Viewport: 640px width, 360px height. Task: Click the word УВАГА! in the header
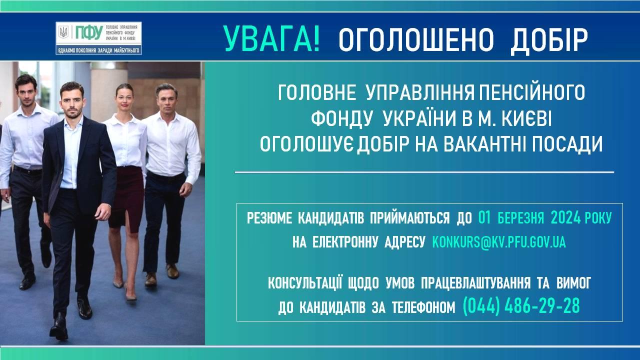point(271,38)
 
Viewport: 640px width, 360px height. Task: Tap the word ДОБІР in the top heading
point(549,40)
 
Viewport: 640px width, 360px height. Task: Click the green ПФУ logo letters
point(89,32)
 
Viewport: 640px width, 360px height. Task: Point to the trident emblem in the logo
point(63,32)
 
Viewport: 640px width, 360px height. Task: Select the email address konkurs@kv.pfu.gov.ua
point(499,242)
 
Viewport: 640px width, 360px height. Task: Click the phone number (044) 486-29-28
point(521,306)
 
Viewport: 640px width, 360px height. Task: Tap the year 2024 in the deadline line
point(565,218)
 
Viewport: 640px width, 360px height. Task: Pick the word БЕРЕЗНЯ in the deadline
point(521,218)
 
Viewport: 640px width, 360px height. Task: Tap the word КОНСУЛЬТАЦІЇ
point(305,283)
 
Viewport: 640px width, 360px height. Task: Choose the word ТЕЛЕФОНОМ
point(423,308)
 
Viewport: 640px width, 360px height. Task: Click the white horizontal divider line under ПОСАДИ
point(424,172)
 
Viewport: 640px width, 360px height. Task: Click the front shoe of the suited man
point(58,327)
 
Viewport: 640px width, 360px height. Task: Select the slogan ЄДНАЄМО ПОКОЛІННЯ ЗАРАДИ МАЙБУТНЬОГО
point(98,50)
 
